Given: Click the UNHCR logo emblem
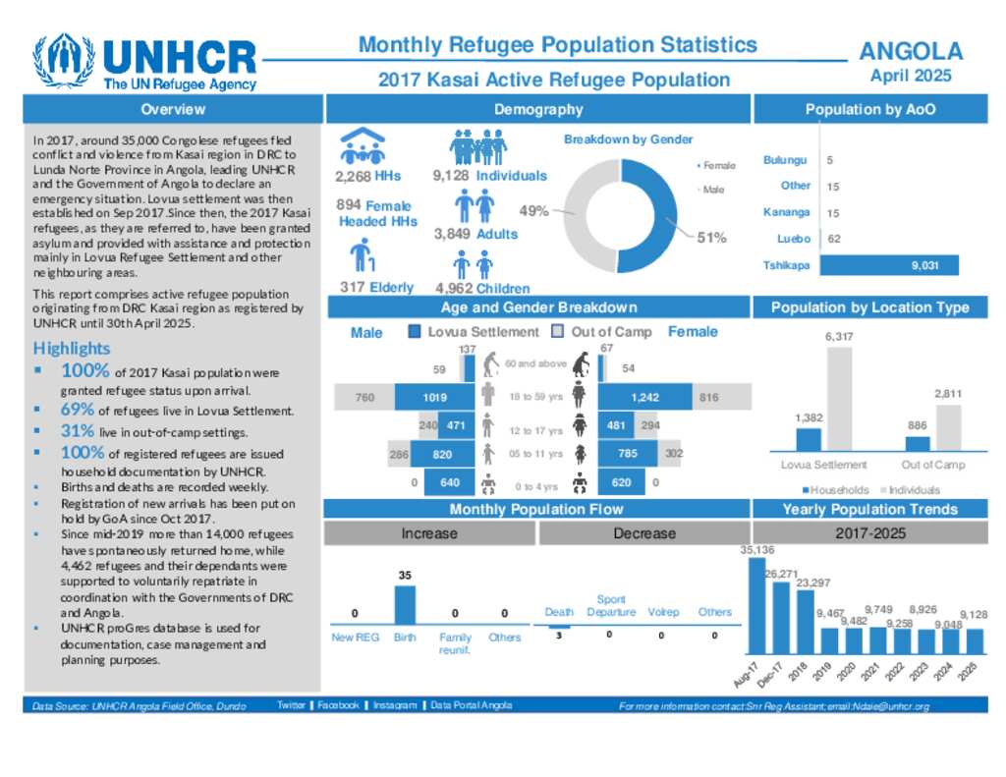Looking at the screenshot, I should click(x=64, y=62).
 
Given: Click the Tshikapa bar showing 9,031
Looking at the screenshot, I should click(x=888, y=265).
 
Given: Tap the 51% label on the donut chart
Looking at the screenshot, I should click(x=712, y=237).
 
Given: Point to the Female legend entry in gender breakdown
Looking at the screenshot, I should click(x=717, y=166).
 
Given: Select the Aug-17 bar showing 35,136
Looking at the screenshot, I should click(x=757, y=605).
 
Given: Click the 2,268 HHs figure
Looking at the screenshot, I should click(x=367, y=177).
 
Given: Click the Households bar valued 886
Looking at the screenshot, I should click(x=917, y=443).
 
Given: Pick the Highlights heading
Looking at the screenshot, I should click(x=72, y=348).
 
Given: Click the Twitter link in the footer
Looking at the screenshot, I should click(x=291, y=705).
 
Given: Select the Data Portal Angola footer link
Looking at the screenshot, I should click(x=471, y=705).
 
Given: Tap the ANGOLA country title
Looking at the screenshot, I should click(x=911, y=52).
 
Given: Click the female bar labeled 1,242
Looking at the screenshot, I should click(x=644, y=397).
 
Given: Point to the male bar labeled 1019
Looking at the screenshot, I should click(x=435, y=397).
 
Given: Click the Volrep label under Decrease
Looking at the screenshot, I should click(x=663, y=612).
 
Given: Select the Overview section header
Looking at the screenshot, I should click(x=173, y=109).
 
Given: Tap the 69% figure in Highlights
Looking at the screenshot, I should click(x=78, y=410).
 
